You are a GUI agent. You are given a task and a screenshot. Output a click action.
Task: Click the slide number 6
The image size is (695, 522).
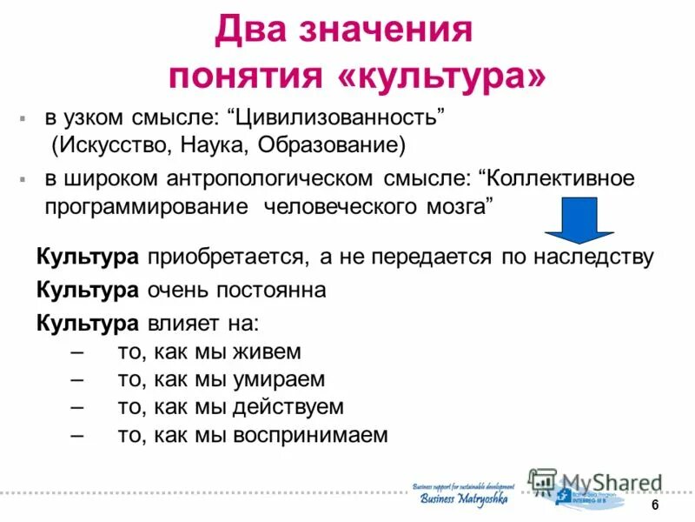(x=655, y=506)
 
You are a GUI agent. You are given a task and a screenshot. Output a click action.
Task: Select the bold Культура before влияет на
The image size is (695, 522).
(x=87, y=324)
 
